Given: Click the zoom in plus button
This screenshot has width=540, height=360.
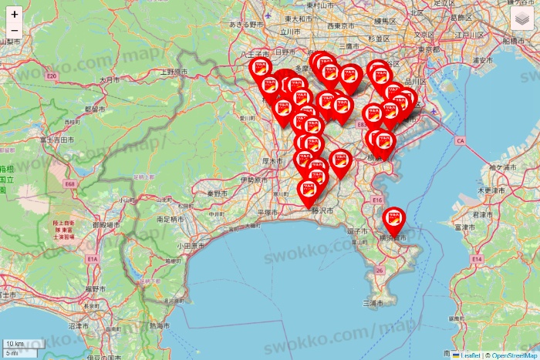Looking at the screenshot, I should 15,15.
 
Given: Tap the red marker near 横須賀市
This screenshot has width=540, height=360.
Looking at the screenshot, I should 394,223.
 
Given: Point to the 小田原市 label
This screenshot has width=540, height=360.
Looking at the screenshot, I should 190,246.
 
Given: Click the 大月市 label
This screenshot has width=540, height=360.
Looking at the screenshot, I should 110,79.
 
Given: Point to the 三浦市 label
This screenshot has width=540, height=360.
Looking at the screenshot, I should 373,304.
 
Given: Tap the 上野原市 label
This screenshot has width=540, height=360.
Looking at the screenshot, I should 174,72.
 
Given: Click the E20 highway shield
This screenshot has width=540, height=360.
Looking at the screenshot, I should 52,76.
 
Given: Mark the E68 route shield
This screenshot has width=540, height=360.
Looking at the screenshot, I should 70,184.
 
